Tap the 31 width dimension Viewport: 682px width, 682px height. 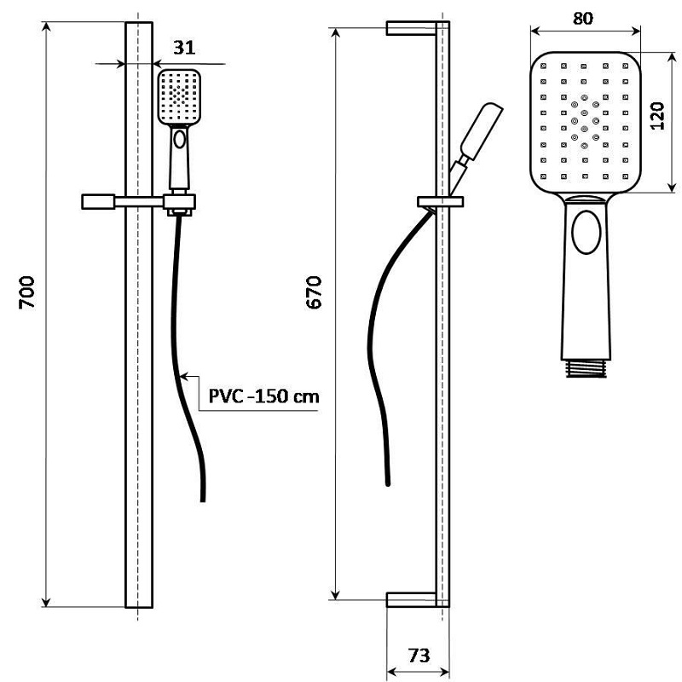click(183, 47)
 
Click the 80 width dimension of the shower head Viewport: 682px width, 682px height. click(584, 17)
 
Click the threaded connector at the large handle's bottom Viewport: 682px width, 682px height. click(586, 369)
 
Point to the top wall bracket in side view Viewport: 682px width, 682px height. click(413, 28)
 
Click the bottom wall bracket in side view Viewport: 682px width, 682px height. click(413, 599)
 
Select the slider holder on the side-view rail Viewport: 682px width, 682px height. click(441, 202)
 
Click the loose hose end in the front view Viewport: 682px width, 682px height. click(202, 499)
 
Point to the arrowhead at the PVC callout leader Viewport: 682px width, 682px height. click(186, 376)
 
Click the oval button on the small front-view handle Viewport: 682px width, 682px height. click(179, 140)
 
